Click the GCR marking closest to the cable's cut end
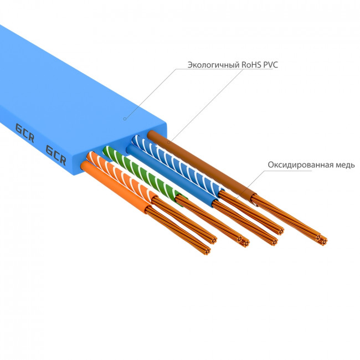[x=56, y=156]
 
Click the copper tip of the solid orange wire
[x=207, y=249]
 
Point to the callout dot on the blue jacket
[x=125, y=118]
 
